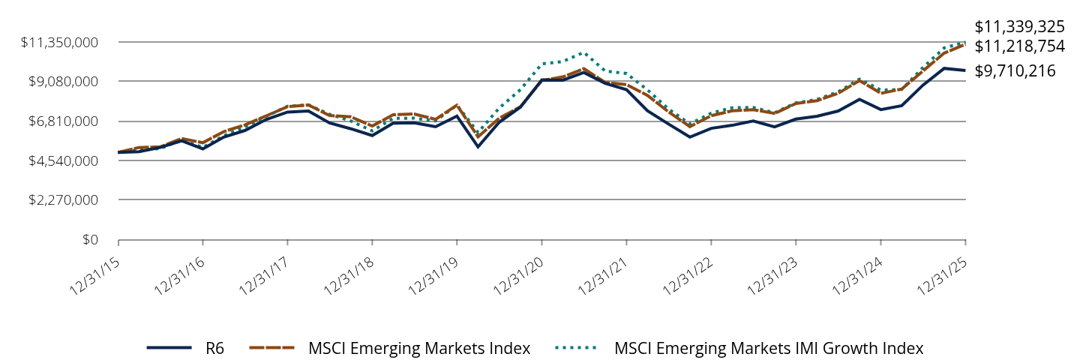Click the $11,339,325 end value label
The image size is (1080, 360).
[1019, 26]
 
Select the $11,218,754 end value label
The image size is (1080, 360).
[1019, 46]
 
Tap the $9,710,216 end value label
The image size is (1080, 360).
[1015, 71]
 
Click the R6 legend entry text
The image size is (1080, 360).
[214, 348]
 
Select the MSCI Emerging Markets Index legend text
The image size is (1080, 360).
[419, 348]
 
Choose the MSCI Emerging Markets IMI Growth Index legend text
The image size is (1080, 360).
[769, 348]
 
